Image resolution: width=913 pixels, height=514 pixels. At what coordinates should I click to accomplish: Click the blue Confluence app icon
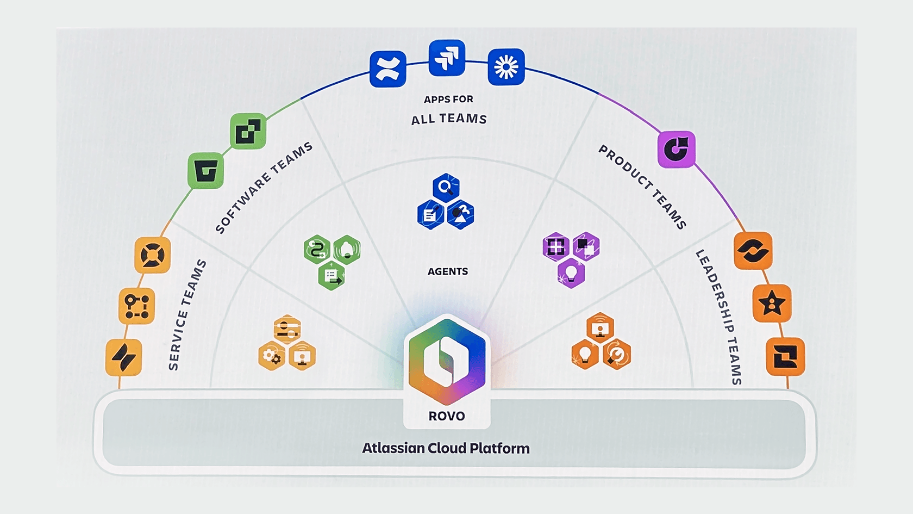(387, 69)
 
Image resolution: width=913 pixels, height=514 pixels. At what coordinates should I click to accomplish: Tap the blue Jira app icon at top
(447, 58)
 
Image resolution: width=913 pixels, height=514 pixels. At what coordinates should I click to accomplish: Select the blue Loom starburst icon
(506, 67)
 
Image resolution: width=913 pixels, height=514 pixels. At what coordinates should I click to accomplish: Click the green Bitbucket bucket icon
(205, 171)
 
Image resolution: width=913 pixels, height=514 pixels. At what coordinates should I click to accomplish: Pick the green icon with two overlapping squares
(248, 131)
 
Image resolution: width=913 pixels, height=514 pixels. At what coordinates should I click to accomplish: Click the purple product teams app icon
(677, 149)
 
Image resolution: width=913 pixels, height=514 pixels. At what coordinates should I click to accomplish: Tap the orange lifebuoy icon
(152, 255)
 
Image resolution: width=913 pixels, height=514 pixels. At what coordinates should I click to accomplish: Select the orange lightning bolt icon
(123, 357)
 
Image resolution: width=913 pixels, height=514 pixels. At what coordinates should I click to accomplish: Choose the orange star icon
(772, 304)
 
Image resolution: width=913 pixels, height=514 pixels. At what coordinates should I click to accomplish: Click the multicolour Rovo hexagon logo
(447, 361)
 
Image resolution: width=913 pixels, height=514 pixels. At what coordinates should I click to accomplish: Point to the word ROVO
(447, 416)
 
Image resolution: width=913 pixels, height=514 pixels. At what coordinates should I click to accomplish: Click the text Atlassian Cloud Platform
(446, 448)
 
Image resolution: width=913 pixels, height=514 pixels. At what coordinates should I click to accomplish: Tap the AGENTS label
(447, 271)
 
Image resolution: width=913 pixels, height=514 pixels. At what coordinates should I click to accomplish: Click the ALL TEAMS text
(449, 119)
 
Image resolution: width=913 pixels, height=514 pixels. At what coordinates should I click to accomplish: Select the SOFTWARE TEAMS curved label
(264, 188)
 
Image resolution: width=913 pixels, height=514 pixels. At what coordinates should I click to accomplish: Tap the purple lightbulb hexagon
(571, 273)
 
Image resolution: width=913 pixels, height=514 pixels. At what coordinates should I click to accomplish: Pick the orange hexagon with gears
(272, 356)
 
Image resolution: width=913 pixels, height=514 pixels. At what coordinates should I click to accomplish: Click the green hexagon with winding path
(316, 250)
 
